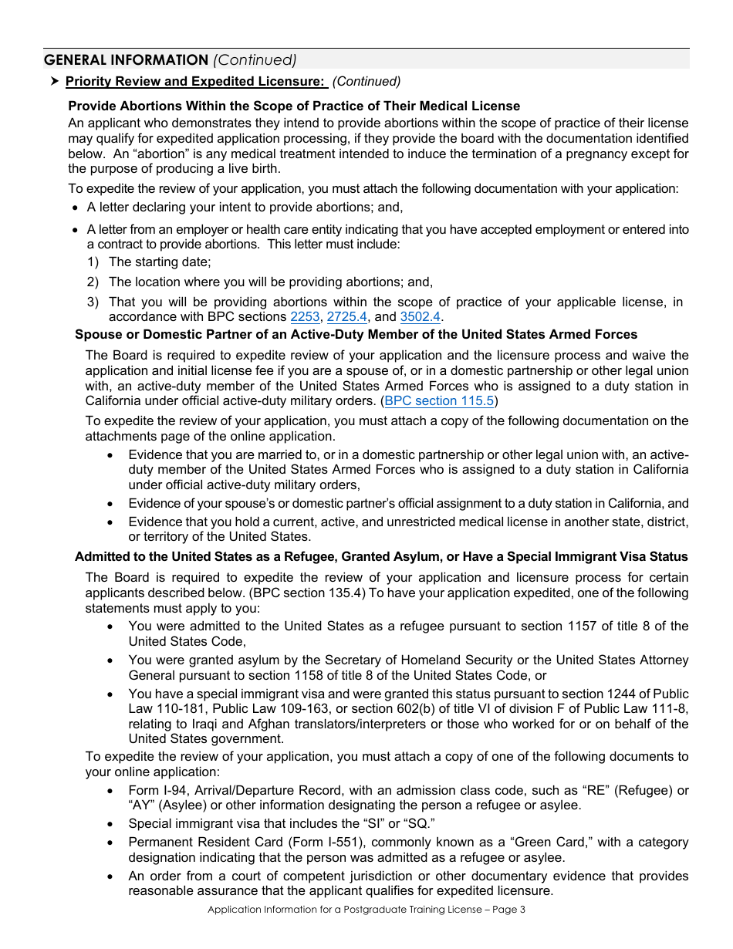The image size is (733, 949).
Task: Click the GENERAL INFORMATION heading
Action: click(x=126, y=60)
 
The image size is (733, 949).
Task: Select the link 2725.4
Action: click(x=347, y=317)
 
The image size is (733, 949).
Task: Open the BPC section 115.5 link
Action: click(x=439, y=401)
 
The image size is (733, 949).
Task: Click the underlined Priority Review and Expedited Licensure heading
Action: click(x=195, y=82)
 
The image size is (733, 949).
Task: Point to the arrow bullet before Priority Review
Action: click(x=54, y=82)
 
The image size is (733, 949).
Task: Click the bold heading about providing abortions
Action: click(x=294, y=106)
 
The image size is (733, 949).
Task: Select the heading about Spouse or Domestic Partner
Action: click(x=356, y=335)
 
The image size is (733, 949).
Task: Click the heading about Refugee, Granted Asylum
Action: click(x=381, y=557)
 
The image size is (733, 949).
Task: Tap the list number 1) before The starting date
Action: click(x=93, y=262)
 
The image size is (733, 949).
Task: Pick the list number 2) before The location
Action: click(x=93, y=282)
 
